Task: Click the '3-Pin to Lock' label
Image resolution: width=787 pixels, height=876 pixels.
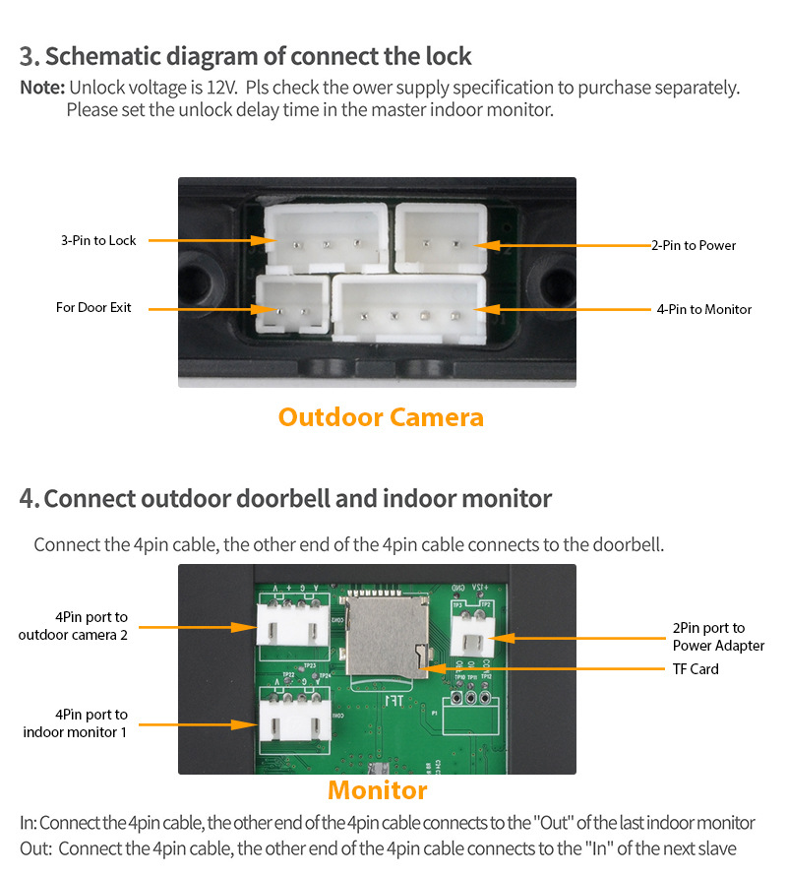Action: coord(98,240)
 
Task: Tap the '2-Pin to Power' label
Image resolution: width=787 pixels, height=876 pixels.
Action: coord(693,245)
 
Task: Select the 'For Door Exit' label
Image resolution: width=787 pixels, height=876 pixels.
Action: coord(93,308)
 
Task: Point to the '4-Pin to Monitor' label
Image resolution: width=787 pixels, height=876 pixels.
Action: coord(703,309)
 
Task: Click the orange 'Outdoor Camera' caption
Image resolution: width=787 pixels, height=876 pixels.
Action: coord(381,417)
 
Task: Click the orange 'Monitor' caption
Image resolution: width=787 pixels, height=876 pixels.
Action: coord(377,790)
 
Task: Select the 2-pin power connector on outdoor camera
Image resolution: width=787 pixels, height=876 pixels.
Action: coord(441,237)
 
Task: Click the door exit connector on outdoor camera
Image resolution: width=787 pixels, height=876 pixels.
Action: coord(292,307)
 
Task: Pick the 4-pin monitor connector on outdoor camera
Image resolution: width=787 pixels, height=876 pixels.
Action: coord(409,308)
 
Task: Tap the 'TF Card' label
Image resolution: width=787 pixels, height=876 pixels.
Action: coord(696,669)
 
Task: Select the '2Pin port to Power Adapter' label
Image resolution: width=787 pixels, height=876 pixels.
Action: coord(718,637)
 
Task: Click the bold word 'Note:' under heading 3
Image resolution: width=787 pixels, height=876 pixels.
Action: coord(42,88)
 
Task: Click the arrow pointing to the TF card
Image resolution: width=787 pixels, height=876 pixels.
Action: coord(541,669)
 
